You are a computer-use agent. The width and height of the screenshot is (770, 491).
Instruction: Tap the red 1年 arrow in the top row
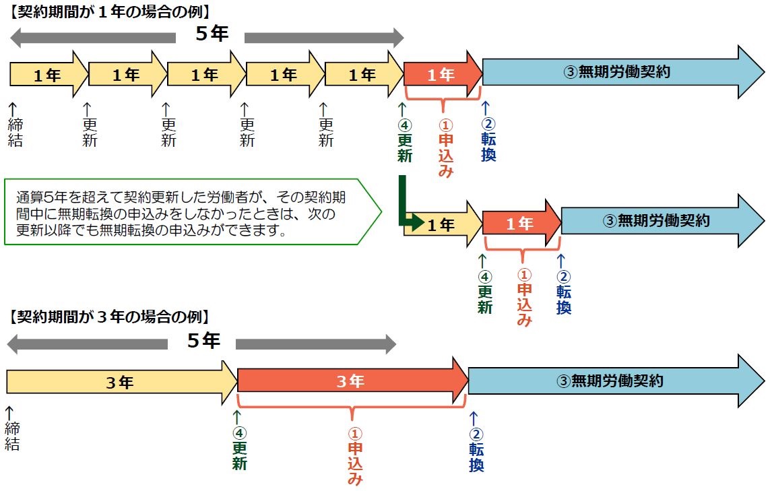[442, 74]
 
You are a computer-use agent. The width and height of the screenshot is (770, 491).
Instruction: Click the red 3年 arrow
[350, 381]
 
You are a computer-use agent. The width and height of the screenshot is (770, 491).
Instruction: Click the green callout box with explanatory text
[192, 211]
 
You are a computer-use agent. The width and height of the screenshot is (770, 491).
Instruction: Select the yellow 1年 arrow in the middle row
[441, 224]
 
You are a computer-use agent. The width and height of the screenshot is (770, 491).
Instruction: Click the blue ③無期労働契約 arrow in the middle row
[657, 220]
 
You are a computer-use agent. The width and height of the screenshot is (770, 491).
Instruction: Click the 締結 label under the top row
[15, 132]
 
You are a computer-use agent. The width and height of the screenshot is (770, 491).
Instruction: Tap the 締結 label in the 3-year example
[12, 435]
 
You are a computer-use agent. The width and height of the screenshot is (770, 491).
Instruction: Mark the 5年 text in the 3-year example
[202, 341]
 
